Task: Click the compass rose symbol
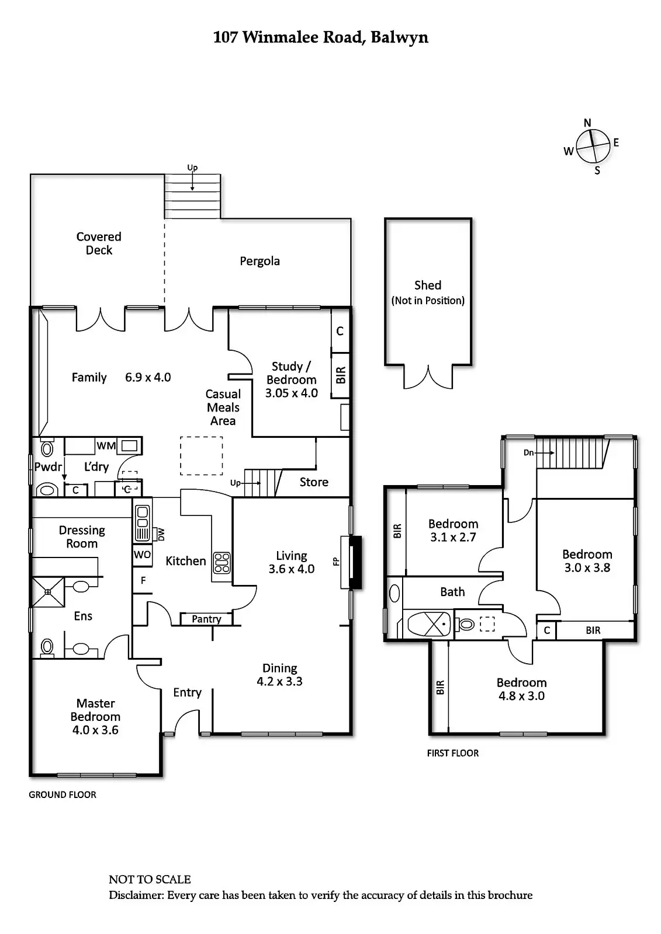[591, 147]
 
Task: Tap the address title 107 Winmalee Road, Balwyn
[320, 38]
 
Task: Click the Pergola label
[259, 261]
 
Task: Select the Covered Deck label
[99, 243]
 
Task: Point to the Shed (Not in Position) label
[428, 292]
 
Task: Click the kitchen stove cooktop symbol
[222, 563]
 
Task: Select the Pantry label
[206, 619]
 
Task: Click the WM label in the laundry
[106, 446]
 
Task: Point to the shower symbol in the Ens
[48, 592]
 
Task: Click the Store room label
[314, 482]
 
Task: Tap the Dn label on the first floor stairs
[528, 452]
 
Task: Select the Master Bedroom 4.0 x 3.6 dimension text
[95, 730]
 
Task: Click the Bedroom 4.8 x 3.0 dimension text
[521, 696]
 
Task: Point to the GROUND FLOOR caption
[63, 794]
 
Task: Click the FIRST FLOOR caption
[453, 753]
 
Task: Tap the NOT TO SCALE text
[150, 879]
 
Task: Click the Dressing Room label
[82, 537]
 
